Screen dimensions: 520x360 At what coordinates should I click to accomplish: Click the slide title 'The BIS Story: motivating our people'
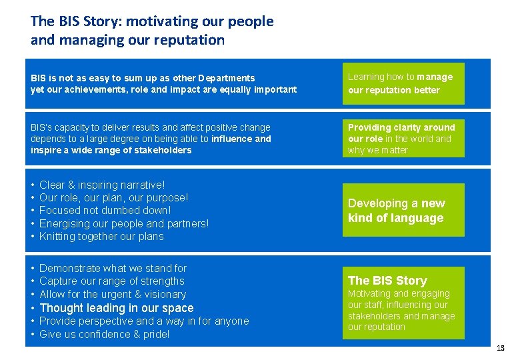point(152,21)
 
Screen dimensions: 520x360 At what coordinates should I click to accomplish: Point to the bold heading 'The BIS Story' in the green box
point(387,281)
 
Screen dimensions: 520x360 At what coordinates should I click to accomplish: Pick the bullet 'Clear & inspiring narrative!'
point(102,185)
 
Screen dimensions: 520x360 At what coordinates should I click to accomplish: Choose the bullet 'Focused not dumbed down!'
point(105,211)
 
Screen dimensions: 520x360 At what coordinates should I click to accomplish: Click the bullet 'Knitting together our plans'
point(101,237)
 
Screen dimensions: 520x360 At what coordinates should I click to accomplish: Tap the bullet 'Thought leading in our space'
point(117,308)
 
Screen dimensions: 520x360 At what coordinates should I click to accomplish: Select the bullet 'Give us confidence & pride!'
point(105,334)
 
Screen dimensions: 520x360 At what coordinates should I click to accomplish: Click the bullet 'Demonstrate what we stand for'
point(113,268)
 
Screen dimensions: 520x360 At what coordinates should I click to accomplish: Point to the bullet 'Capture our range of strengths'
point(112,281)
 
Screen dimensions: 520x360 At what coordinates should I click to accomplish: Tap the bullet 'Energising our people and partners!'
point(124,223)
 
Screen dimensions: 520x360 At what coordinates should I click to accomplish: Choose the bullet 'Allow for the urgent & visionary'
point(113,295)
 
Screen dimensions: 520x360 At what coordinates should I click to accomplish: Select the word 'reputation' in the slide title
point(191,40)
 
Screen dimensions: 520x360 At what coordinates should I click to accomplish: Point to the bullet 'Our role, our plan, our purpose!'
point(114,198)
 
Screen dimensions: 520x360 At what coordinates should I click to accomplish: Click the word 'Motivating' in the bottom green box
point(371,293)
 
